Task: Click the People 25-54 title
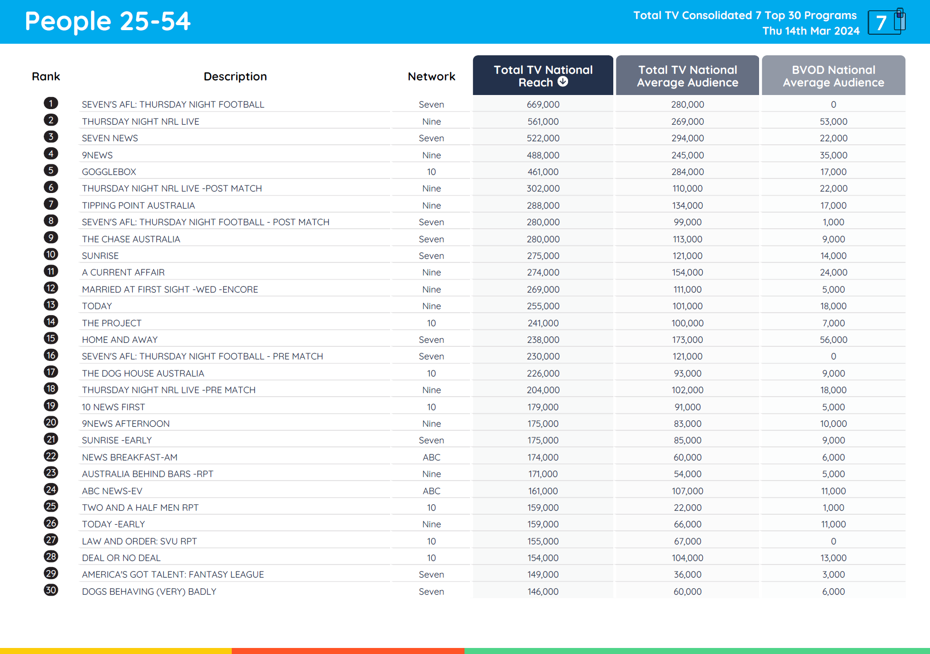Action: click(x=108, y=22)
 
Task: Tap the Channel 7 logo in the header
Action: click(x=886, y=22)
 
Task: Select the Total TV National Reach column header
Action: click(x=542, y=75)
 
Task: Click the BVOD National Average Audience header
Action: click(x=833, y=76)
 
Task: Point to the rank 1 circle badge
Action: click(x=51, y=104)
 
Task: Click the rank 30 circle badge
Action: click(x=51, y=590)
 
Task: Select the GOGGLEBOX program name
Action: click(x=109, y=172)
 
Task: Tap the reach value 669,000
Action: click(x=543, y=105)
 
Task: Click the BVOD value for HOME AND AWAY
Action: click(x=833, y=340)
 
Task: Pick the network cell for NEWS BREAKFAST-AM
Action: click(x=431, y=457)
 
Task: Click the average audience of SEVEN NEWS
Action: click(x=687, y=138)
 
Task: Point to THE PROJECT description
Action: click(x=112, y=323)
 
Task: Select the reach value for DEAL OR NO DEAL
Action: click(x=543, y=558)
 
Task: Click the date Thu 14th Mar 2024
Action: click(x=810, y=31)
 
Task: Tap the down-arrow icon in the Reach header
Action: click(x=563, y=81)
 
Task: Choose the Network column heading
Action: click(x=431, y=76)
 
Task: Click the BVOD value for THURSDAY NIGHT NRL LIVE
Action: click(x=833, y=122)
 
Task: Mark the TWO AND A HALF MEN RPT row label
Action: click(x=140, y=508)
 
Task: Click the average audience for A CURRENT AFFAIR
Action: click(x=687, y=272)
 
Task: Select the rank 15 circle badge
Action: click(x=51, y=338)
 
